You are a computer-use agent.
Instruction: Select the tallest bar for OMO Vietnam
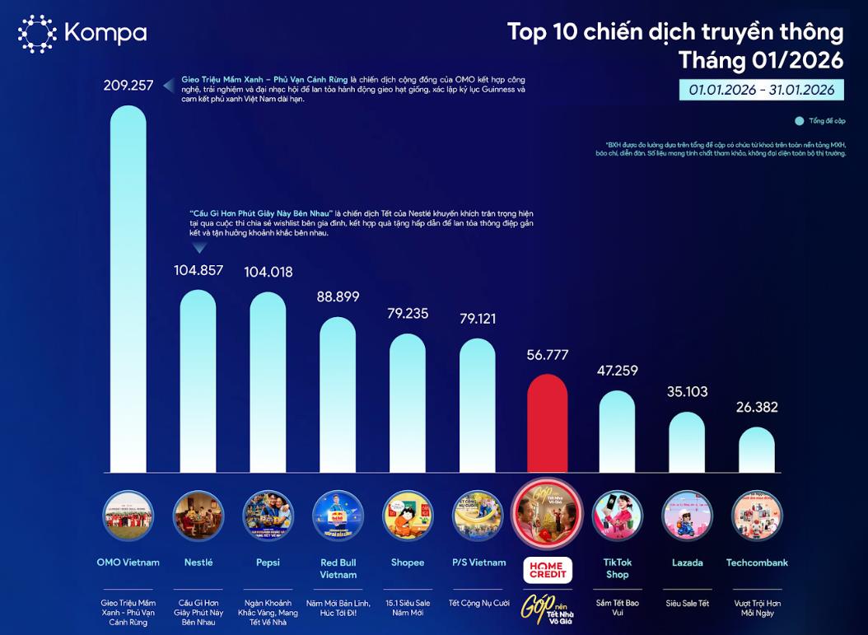coord(128,288)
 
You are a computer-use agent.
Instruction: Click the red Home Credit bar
coord(548,424)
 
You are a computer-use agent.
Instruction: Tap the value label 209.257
coord(128,85)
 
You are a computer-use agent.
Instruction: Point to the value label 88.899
coord(338,297)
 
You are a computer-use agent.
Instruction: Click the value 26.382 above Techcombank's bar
coord(756,408)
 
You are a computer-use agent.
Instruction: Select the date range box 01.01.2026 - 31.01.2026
coord(762,90)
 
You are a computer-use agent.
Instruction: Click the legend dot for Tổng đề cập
coord(799,121)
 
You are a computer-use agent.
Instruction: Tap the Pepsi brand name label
coord(268,563)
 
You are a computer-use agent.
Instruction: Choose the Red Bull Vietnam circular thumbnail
coord(338,515)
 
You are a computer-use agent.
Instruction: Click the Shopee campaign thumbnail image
coord(408,515)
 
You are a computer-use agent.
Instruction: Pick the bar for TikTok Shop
coord(617,432)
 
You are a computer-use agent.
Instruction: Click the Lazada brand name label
coord(687,563)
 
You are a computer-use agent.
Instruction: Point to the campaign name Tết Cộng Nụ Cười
coord(478,604)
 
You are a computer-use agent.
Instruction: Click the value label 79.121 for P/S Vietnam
coord(478,318)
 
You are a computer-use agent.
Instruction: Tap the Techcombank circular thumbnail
coord(756,515)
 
